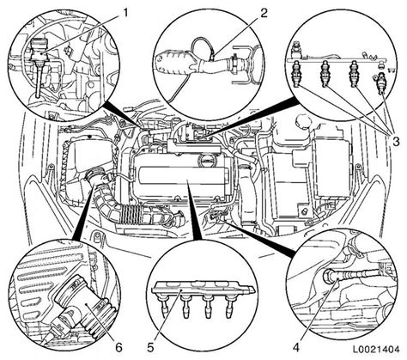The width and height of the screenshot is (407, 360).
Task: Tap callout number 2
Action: [264, 13]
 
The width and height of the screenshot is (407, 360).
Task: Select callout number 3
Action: [395, 141]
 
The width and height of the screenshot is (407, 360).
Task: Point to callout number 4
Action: [296, 348]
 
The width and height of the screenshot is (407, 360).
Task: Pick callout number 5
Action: [151, 348]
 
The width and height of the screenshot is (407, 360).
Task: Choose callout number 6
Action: [118, 348]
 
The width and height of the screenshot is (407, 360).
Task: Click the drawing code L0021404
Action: [375, 350]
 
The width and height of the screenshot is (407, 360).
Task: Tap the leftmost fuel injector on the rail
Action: [295, 74]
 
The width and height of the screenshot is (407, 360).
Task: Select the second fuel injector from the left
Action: [325, 74]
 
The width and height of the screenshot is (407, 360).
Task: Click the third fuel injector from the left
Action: [354, 74]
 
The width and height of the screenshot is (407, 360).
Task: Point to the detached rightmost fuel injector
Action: [382, 83]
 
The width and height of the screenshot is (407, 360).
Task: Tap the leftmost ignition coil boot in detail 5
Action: [165, 307]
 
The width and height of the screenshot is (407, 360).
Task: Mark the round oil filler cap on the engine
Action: [207, 158]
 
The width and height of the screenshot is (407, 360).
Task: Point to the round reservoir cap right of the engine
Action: [303, 120]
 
